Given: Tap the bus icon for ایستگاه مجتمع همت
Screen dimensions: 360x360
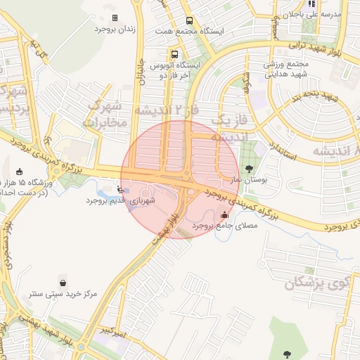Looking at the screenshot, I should [x=188, y=21].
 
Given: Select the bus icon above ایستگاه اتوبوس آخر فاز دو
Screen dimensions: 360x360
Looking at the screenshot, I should [x=174, y=53].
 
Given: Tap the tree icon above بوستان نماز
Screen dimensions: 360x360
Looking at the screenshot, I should [x=250, y=169].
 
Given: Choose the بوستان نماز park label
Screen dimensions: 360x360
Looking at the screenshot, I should [x=250, y=180].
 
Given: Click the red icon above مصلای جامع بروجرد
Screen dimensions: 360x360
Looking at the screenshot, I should [x=224, y=215].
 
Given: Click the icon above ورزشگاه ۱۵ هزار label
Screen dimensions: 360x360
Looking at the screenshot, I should [x=19, y=172].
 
